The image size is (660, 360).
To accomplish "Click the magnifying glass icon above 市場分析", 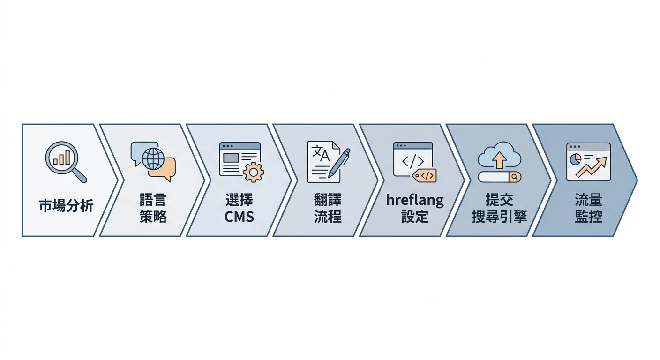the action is [66, 162].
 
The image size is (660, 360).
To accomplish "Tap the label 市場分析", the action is [66, 205].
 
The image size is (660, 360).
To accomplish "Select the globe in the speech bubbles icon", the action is [153, 159].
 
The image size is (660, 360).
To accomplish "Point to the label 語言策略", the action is [153, 208].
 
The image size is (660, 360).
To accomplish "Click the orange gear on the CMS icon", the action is [254, 172].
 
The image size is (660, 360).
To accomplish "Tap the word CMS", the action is [239, 217].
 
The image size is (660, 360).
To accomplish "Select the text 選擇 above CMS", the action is [239, 200].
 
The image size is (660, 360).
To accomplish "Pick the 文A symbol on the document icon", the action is [321, 153].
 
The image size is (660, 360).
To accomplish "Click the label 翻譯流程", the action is [328, 208].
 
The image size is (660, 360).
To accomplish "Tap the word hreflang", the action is [415, 200].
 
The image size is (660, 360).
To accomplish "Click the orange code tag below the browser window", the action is [425, 176].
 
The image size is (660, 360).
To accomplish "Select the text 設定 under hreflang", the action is [415, 217].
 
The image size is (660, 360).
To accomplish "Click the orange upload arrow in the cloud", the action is [499, 160].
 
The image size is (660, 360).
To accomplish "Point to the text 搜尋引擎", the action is [499, 217].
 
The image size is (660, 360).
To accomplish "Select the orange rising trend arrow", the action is [591, 167].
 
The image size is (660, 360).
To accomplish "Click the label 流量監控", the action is [588, 208].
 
